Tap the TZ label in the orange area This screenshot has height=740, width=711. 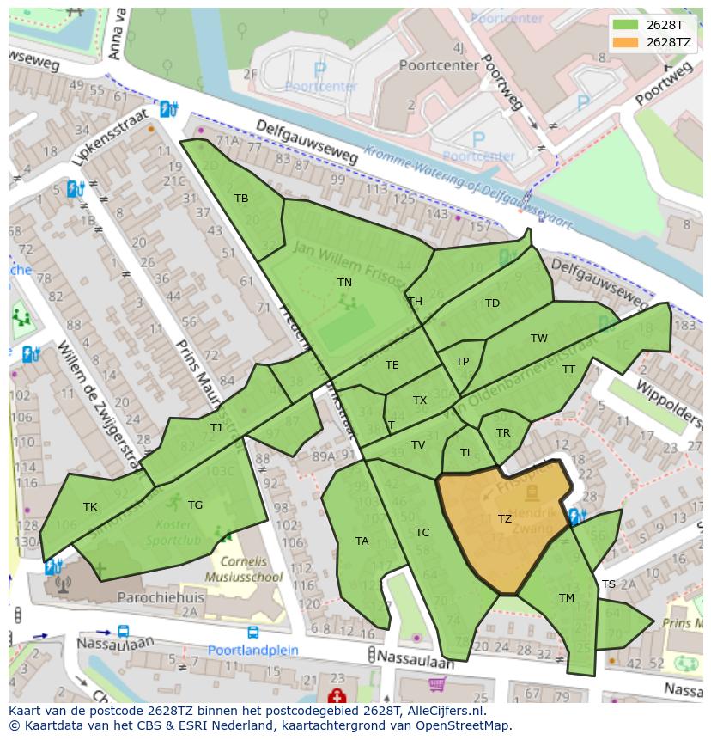[x=505, y=518]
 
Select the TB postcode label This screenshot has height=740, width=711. [x=241, y=199]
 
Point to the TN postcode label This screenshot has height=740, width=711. [x=344, y=282]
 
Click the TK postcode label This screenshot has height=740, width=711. [x=90, y=507]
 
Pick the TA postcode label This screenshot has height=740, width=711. [x=362, y=541]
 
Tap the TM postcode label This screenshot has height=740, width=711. [x=567, y=598]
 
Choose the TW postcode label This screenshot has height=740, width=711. [x=538, y=339]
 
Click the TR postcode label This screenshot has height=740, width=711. [x=503, y=432]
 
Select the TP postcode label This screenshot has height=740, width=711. [x=463, y=362]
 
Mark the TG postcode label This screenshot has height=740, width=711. [x=195, y=505]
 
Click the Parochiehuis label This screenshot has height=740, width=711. [x=158, y=596]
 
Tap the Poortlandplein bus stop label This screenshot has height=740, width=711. [x=254, y=650]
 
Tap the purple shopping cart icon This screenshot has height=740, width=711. [x=437, y=685]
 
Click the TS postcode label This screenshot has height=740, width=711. [x=609, y=584]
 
